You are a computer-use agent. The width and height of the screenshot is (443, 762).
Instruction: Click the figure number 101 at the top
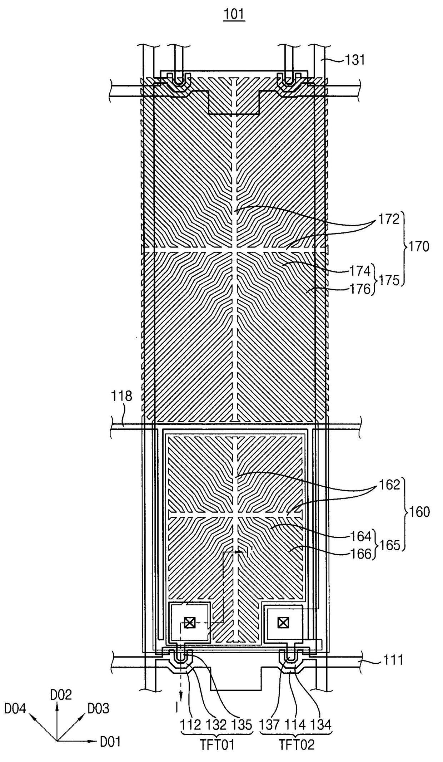(x=234, y=14)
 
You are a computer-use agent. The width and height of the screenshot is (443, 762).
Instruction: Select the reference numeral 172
(x=388, y=219)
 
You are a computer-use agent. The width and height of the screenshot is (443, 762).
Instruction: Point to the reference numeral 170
(x=419, y=247)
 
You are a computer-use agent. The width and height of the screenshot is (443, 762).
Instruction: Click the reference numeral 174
(x=360, y=271)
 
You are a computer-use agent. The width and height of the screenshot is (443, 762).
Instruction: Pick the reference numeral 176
(x=360, y=289)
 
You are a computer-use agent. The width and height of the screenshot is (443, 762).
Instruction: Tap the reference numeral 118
(x=121, y=396)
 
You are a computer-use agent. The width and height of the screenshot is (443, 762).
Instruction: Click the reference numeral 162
(x=389, y=485)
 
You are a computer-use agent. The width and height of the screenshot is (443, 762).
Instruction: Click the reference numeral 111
(x=393, y=660)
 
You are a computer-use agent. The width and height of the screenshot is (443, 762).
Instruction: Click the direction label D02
(x=61, y=695)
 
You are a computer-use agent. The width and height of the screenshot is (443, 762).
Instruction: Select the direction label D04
(x=15, y=708)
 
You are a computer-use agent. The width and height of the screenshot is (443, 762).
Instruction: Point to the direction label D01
(x=110, y=742)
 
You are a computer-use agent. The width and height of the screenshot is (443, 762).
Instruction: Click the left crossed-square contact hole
(x=190, y=623)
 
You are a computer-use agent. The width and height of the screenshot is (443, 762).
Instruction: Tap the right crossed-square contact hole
(x=283, y=623)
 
